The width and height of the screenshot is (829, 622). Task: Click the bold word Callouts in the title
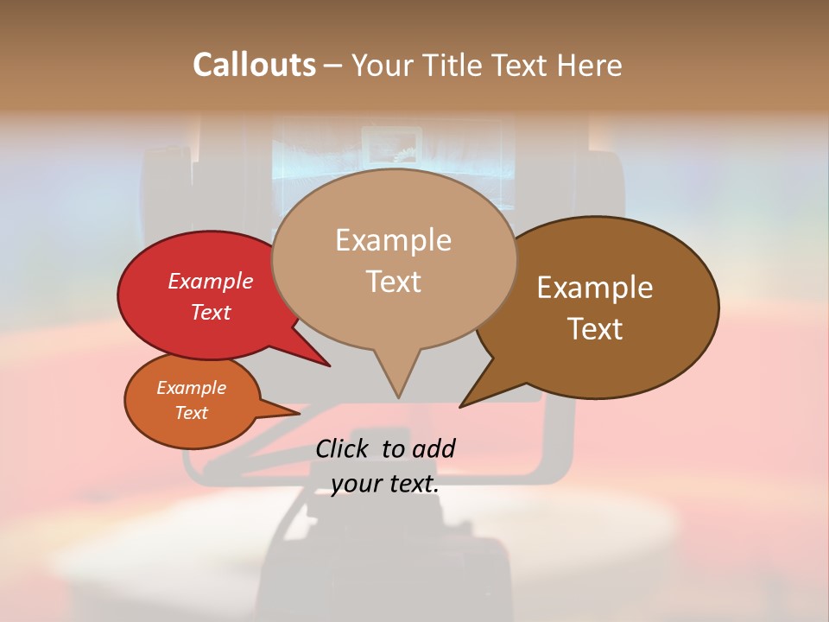point(254,65)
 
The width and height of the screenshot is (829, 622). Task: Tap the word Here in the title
point(588,65)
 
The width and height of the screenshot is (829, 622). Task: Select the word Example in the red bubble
point(210,281)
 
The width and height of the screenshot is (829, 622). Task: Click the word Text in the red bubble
point(210,312)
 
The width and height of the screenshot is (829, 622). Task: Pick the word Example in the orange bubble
point(191,388)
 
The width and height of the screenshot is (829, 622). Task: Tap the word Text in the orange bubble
point(191,413)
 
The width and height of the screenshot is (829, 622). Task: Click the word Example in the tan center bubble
point(393,240)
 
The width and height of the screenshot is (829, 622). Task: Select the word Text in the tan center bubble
point(393,282)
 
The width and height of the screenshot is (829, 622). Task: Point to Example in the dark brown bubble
point(595,288)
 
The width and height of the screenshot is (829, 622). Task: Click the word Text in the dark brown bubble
point(595,329)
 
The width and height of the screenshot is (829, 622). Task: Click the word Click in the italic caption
point(345,448)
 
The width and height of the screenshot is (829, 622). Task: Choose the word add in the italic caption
point(433,448)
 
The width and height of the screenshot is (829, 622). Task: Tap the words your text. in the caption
point(384,484)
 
